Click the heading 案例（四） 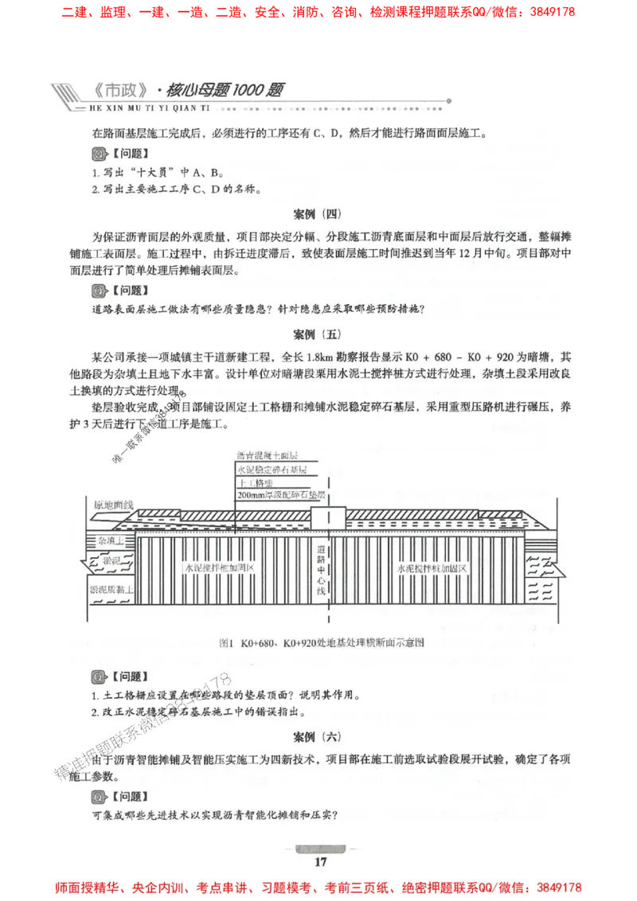tap(317, 213)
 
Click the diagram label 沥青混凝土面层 tap(267, 456)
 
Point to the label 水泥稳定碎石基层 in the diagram tap(272, 470)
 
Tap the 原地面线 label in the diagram tap(114, 505)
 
